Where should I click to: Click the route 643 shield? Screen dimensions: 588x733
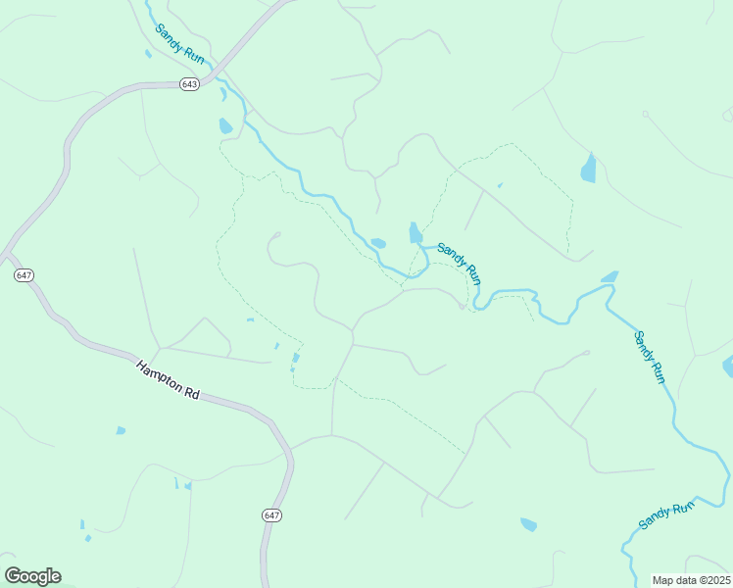pyautogui.click(x=190, y=84)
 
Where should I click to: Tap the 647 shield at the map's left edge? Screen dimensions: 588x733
pyautogui.click(x=24, y=275)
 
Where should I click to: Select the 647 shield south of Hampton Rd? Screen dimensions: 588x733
pyautogui.click(x=271, y=515)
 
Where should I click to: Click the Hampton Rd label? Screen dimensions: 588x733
pyautogui.click(x=168, y=378)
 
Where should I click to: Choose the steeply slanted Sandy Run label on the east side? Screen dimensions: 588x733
pyautogui.click(x=649, y=357)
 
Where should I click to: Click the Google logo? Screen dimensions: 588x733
pyautogui.click(x=32, y=576)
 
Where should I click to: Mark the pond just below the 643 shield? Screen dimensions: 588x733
pyautogui.click(x=226, y=125)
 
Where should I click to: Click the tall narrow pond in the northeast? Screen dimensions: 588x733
pyautogui.click(x=588, y=169)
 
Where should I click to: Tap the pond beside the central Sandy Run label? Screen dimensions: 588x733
pyautogui.click(x=415, y=233)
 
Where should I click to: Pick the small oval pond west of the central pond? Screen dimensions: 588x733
pyautogui.click(x=378, y=243)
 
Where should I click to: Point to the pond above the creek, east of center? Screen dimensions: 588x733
pyautogui.click(x=609, y=277)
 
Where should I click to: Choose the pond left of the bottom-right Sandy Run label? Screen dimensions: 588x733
pyautogui.click(x=529, y=524)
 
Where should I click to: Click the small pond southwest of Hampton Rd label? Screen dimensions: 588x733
pyautogui.click(x=121, y=430)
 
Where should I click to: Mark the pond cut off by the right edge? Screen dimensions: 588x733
pyautogui.click(x=728, y=367)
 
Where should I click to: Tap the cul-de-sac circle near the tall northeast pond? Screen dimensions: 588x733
pyautogui.click(x=646, y=115)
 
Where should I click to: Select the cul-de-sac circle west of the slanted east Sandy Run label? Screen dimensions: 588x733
pyautogui.click(x=586, y=353)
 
